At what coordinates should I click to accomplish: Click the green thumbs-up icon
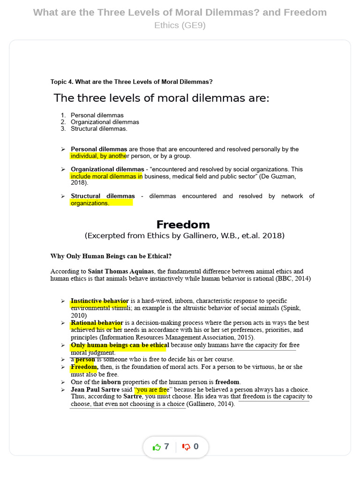pos(157,447)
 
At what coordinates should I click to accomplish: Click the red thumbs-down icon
pos(186,447)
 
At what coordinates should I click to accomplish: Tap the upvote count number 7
pos(166,447)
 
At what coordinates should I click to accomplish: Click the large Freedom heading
pos(183,225)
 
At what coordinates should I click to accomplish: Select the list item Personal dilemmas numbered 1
pos(97,115)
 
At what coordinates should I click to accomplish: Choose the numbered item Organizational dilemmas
pos(105,122)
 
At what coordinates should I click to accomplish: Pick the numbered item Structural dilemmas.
pos(99,128)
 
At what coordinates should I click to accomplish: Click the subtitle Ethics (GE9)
pos(180,25)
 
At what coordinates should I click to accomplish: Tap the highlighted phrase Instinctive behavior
pos(99,301)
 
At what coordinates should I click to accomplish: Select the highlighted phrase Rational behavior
pos(97,323)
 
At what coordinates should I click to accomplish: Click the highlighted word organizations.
pos(90,203)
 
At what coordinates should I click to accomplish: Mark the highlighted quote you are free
pos(151,390)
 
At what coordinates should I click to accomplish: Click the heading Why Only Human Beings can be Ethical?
pos(111,256)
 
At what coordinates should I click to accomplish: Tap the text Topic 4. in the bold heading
pos(62,82)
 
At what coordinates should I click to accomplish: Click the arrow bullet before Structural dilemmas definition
pos(63,196)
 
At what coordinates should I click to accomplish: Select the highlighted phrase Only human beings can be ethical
pos(120,345)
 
